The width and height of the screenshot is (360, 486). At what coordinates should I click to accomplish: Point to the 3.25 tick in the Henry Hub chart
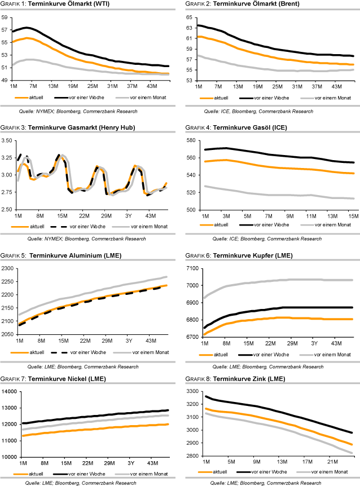(x=7, y=158)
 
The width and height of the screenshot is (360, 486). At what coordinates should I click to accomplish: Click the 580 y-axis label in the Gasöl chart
(x=189, y=140)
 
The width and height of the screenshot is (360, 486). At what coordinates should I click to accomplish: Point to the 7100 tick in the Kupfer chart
(x=189, y=268)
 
